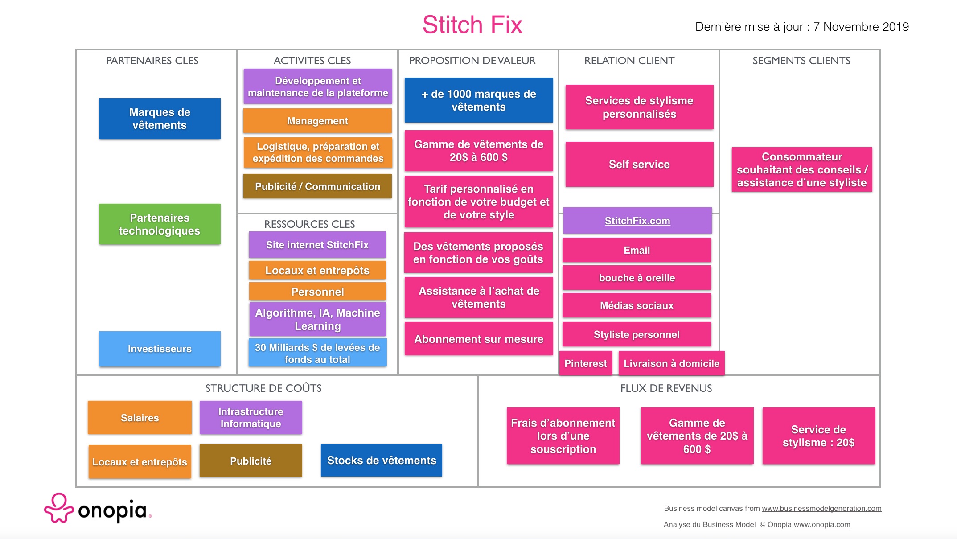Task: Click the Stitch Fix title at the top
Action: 472,25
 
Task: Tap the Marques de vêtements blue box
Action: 160,119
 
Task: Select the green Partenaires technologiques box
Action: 160,224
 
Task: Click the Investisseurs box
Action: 160,349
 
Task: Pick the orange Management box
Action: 317,121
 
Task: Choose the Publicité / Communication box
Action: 317,186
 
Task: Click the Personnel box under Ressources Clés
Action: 317,292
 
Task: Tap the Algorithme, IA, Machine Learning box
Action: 317,319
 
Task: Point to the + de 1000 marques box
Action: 479,100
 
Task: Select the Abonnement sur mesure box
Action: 479,339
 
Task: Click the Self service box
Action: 639,164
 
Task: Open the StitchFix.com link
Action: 637,221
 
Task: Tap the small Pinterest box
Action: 586,363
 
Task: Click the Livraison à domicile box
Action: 671,363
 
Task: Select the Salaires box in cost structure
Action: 140,418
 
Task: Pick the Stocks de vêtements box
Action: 382,461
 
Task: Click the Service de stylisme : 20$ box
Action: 819,436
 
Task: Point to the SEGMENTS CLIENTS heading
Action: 801,61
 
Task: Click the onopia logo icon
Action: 59,508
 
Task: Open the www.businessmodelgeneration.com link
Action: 821,509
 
